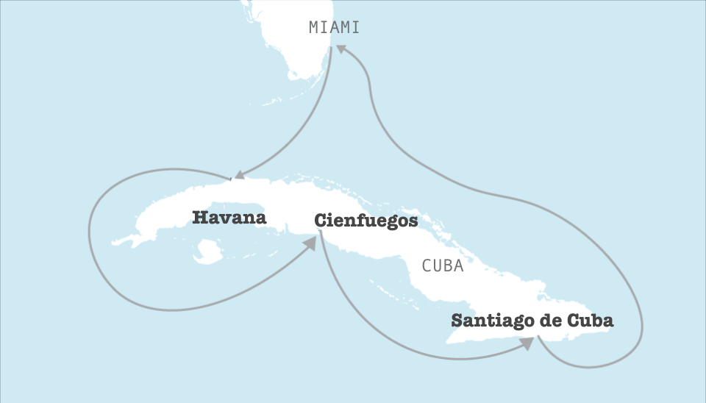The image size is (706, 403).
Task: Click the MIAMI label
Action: pos(334,28)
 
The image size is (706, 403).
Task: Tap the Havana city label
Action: pos(229,218)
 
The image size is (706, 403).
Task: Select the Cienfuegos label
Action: pos(366,220)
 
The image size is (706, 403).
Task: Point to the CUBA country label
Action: pos(443,266)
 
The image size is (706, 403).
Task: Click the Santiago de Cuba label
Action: pos(532,321)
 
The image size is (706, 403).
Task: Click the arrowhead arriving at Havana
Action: pos(235,176)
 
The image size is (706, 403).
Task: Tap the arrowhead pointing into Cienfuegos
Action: pos(310,243)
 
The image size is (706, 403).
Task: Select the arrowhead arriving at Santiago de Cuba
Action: pos(526,343)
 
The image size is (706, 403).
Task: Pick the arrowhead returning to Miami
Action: pos(343,51)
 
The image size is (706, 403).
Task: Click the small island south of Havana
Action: pos(206,254)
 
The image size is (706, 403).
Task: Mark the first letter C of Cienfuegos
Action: pos(320,220)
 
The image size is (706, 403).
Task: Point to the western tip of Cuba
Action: pos(114,240)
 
